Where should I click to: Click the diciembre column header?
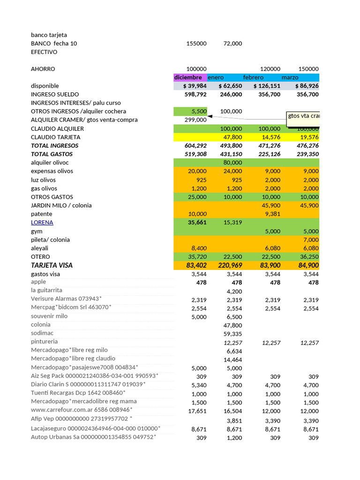(188, 77)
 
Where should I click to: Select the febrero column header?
(253, 77)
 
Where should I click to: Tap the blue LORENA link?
(42, 222)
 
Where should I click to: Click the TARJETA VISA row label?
(52, 265)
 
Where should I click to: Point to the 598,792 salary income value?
(195, 94)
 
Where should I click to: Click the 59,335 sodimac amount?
(233, 334)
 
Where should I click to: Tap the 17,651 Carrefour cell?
(197, 411)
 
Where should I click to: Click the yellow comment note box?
(303, 119)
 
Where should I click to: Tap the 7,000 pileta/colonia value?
(310, 240)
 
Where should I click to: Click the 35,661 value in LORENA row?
(197, 223)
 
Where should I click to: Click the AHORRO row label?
(43, 69)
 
